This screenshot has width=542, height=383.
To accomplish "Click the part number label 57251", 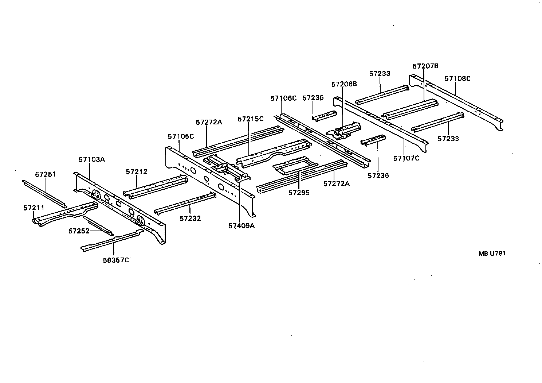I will (46, 174).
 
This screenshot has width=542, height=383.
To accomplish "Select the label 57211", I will (34, 208).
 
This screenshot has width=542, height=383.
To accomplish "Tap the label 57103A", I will (92, 159).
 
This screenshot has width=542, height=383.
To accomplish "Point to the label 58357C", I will (116, 260).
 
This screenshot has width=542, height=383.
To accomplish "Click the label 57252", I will (79, 231).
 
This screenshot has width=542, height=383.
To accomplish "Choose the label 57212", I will (137, 171).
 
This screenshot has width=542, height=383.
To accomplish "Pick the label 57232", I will (190, 218).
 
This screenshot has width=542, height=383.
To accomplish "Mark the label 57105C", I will (181, 136).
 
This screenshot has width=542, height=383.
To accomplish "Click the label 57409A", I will (241, 226).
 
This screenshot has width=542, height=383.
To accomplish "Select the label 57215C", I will (251, 119).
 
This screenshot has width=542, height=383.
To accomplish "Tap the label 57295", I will (299, 193).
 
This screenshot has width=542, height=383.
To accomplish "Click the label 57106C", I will (284, 98).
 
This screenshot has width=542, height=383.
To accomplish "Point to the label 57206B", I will (344, 84).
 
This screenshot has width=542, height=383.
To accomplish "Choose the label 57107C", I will (406, 158).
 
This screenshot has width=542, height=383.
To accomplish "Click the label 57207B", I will (425, 66).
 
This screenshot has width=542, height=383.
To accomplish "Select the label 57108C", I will (458, 78).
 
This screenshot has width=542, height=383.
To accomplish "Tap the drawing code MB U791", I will (492, 254).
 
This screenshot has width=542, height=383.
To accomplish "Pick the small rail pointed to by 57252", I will (98, 225).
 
